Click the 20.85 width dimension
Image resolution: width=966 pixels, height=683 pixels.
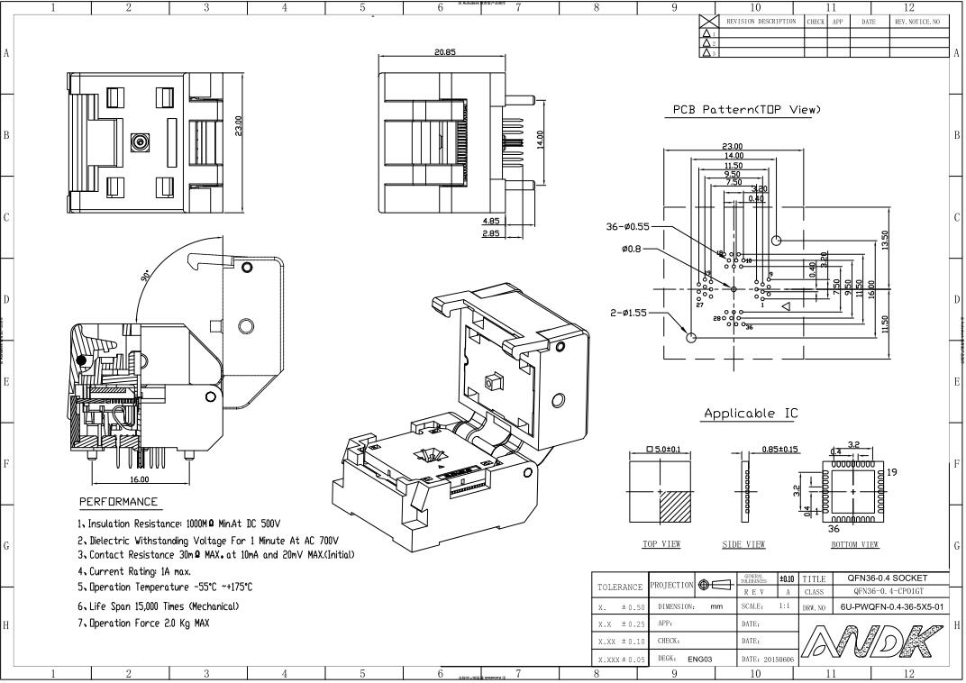pyautogui.click(x=444, y=52)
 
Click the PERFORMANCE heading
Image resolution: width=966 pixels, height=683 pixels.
pyautogui.click(x=118, y=502)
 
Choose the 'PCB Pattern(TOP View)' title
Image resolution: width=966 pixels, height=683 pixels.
pyautogui.click(x=747, y=110)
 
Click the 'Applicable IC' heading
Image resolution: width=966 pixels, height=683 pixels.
pyautogui.click(x=751, y=414)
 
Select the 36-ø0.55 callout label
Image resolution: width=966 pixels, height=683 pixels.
pyautogui.click(x=627, y=227)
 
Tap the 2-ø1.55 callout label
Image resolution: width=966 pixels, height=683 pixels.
pyautogui.click(x=627, y=314)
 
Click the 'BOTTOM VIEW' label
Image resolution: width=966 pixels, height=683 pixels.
pyautogui.click(x=854, y=544)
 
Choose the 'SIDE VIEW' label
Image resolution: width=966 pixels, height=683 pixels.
pyautogui.click(x=743, y=544)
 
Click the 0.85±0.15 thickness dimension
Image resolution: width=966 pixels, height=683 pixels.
pyautogui.click(x=780, y=449)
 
